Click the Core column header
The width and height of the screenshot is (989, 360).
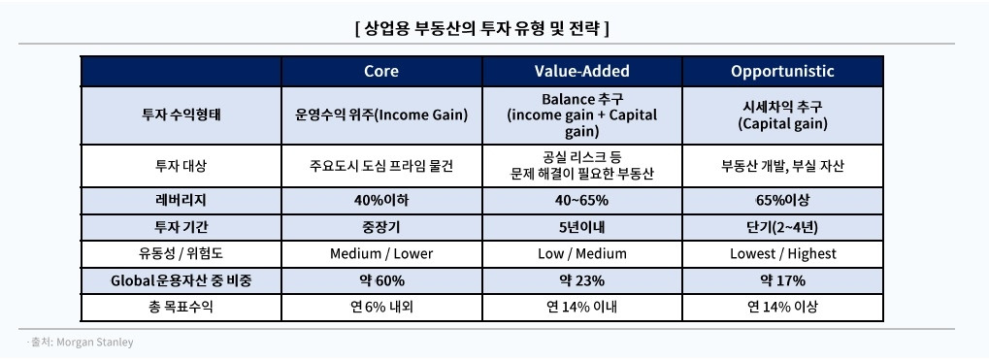380,71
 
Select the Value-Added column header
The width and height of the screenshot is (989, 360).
582,71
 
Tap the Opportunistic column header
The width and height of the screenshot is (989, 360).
781,71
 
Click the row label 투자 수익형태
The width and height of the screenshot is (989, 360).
181,115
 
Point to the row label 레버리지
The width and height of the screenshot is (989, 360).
181,199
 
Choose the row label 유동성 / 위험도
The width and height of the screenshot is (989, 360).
181,253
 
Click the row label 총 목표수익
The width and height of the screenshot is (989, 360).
181,308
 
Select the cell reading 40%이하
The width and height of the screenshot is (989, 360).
380,199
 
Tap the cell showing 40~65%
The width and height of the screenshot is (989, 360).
582,199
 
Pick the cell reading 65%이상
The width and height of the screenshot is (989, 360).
781,199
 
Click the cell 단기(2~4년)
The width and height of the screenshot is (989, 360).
781,226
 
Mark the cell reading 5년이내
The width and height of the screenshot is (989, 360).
582,226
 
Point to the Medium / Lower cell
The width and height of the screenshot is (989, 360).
380,253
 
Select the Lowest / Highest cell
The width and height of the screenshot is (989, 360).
781,253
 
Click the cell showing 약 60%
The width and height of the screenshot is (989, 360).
380,280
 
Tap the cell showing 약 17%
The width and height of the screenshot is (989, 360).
781,280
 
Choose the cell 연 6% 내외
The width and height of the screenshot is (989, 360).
380,308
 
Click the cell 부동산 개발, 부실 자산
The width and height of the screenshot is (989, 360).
781,165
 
